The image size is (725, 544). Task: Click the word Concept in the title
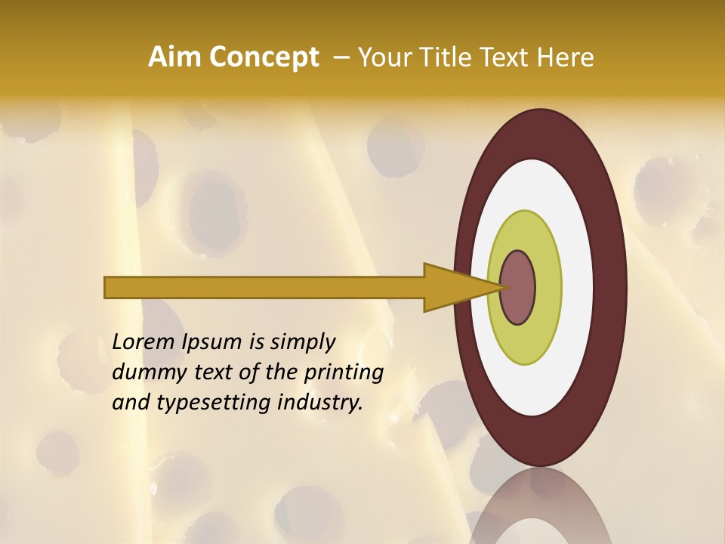click(264, 57)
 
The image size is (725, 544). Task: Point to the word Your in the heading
click(385, 57)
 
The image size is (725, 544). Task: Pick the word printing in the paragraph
click(343, 372)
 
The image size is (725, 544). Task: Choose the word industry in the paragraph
click(320, 403)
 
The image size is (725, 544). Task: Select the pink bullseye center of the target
click(518, 287)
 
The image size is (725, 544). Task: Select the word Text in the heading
click(505, 57)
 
